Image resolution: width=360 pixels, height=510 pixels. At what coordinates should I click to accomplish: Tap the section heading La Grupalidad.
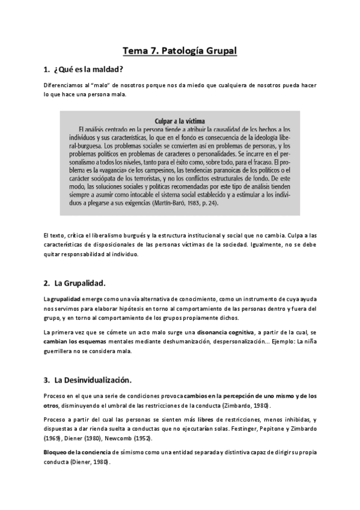(x=80, y=283)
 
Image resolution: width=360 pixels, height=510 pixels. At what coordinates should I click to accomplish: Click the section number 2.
(x=46, y=283)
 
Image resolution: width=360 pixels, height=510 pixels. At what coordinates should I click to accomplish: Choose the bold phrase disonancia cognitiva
(x=225, y=332)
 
